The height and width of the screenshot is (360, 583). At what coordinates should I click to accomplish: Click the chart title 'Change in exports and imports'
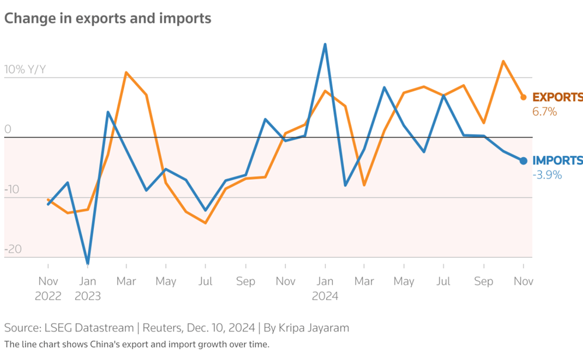108,19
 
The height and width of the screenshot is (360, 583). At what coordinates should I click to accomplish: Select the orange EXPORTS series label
557,97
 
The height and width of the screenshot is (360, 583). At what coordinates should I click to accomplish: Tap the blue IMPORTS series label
557,160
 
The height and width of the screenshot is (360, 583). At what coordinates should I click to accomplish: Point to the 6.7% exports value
545,111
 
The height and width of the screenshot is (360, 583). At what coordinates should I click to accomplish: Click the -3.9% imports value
547,174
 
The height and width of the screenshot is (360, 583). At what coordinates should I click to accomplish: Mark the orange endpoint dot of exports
523,97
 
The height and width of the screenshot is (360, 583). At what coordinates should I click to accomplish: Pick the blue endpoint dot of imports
523,161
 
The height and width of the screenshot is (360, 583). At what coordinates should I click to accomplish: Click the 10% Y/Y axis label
25,70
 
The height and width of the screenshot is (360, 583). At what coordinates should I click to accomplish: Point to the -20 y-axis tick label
12,250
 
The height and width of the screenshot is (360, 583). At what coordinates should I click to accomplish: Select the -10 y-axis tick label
12,190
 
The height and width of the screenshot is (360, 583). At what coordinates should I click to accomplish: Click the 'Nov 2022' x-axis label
48,288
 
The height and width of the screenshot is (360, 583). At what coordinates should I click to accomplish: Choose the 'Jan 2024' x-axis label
325,288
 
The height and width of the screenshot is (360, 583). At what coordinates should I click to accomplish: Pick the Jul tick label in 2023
205,281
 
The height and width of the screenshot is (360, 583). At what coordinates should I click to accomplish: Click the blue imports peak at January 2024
325,44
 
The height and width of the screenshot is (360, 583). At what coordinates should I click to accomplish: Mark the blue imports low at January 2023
87,263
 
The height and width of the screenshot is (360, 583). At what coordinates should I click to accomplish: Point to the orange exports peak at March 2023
127,73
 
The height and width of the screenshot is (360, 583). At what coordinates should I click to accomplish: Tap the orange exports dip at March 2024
364,185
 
